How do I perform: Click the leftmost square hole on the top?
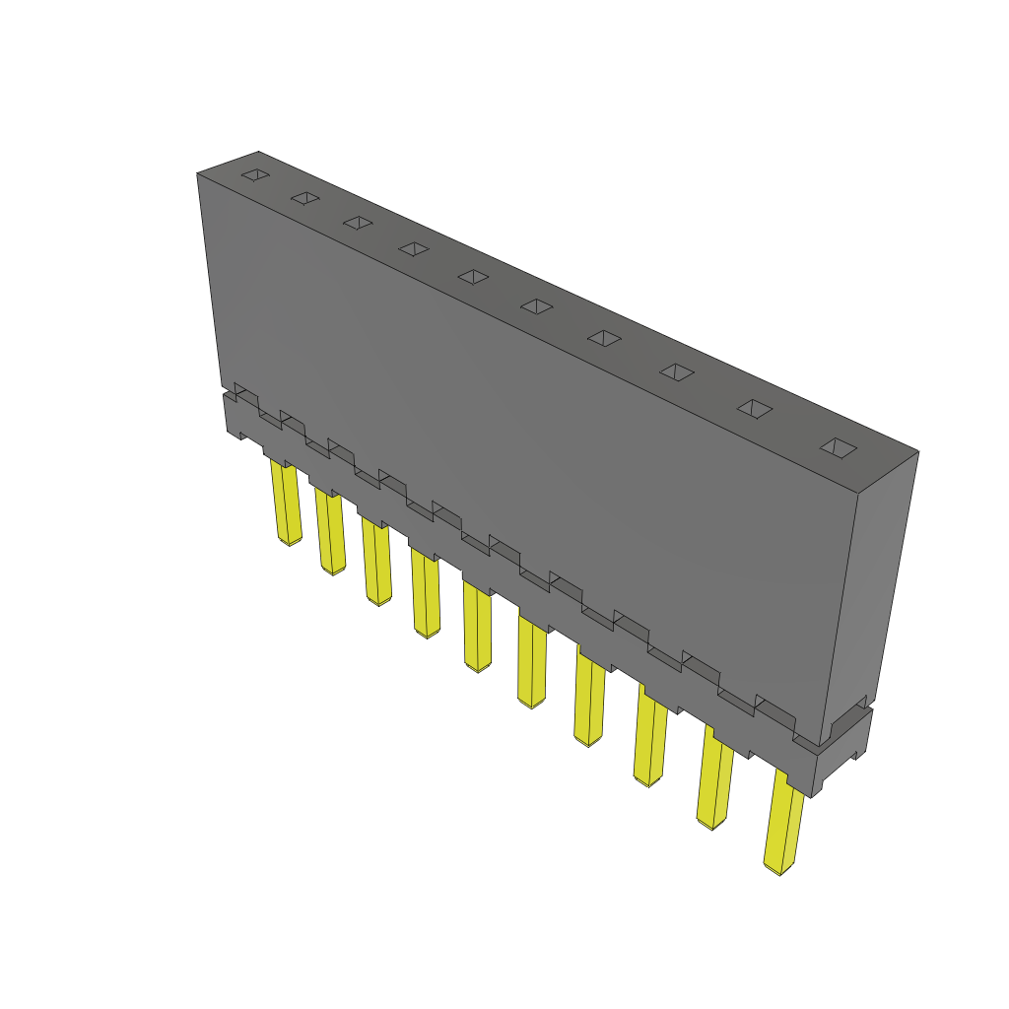coord(255,175)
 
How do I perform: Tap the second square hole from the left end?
coord(305,199)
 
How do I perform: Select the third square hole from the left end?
coord(358,223)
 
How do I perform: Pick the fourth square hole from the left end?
coord(414,248)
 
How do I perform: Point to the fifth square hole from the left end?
coord(474,277)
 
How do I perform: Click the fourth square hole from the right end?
coord(604,338)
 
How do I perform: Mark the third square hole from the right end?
coord(677,371)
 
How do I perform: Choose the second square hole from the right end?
coord(755,408)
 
